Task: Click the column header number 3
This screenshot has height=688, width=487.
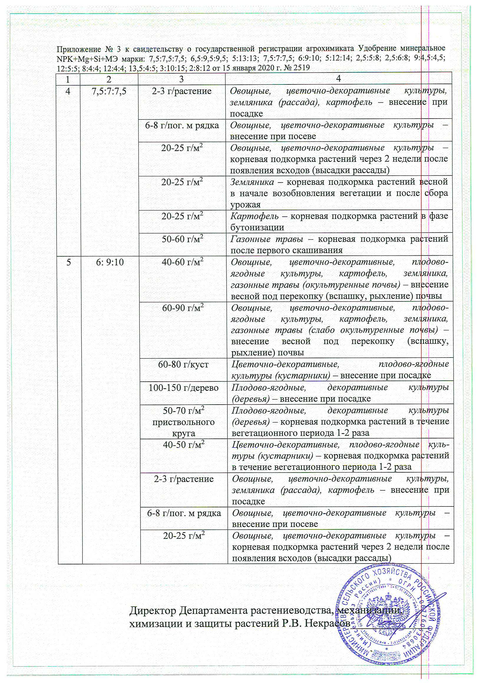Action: [x=181, y=79]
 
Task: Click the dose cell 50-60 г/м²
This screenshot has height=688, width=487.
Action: [x=182, y=239]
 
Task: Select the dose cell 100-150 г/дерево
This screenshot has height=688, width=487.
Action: [x=184, y=388]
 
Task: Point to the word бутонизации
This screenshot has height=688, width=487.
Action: [x=257, y=227]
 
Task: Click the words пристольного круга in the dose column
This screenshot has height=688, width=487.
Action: [x=183, y=428]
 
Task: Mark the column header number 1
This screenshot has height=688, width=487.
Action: [x=68, y=79]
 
